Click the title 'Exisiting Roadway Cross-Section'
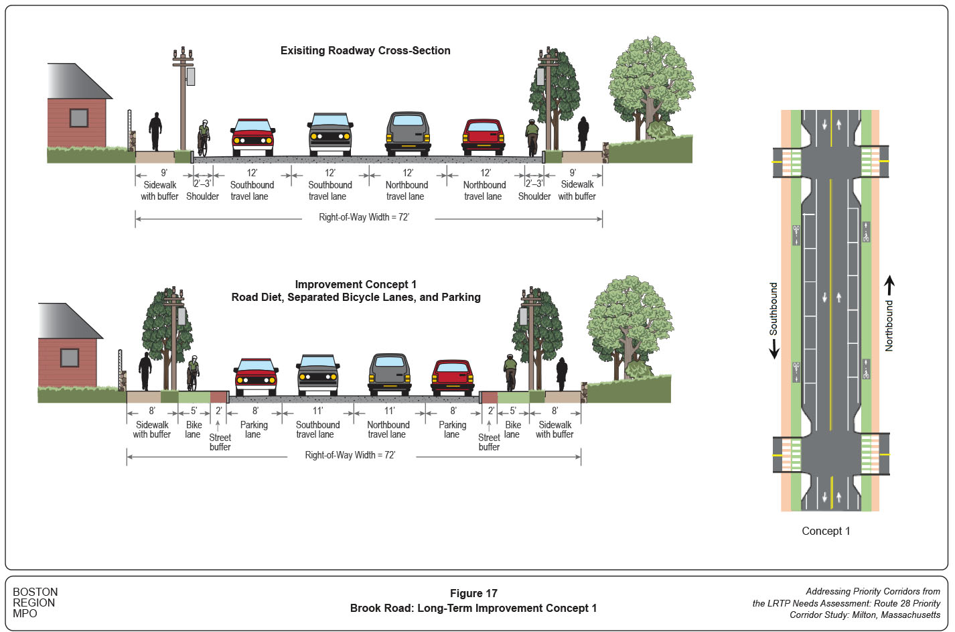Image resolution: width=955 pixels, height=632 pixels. [365, 51]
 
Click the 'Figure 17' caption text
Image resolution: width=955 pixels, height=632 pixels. [473, 593]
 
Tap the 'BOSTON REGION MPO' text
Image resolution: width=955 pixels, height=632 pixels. [35, 603]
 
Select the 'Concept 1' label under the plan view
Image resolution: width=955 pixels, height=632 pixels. [826, 531]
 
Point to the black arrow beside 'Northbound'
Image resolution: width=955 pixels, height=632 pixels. [889, 287]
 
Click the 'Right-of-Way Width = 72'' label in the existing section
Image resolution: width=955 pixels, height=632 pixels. [364, 217]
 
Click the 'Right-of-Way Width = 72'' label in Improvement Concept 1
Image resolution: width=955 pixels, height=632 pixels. [350, 455]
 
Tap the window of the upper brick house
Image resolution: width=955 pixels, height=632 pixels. [79, 118]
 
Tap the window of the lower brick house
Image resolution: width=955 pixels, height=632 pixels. [70, 358]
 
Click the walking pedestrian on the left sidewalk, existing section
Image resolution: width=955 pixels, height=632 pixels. [155, 131]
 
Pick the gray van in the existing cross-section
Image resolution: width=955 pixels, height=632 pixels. [408, 133]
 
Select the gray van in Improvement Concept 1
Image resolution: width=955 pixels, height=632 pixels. [390, 373]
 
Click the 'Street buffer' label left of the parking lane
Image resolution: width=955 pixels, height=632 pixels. [220, 442]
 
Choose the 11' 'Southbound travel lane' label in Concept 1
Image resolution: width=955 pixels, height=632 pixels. [317, 430]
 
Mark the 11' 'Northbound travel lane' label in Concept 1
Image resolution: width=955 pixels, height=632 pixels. [388, 430]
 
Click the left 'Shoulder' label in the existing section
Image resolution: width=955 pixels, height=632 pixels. [202, 196]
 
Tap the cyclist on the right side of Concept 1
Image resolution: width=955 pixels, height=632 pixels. [510, 373]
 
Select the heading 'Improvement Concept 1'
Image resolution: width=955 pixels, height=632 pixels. [356, 285]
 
